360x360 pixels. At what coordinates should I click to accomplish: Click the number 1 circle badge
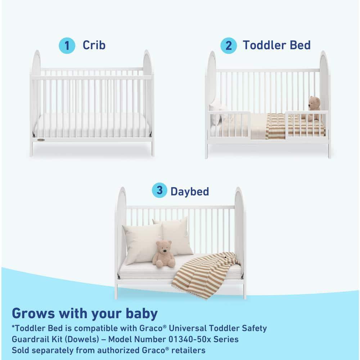[67, 46]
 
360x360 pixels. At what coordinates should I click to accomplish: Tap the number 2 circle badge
[229, 46]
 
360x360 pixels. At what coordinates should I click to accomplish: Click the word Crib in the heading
[94, 45]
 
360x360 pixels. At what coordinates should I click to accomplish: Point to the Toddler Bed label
[276, 45]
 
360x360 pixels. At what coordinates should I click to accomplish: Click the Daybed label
[190, 191]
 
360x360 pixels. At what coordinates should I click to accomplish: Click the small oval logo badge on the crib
[41, 140]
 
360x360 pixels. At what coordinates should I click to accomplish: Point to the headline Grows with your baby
[85, 314]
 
